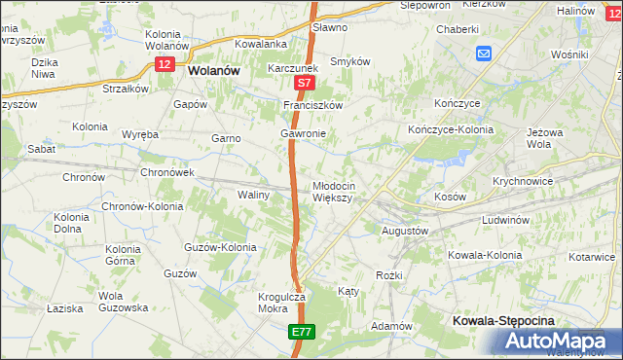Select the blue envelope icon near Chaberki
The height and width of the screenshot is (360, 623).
coord(484,54)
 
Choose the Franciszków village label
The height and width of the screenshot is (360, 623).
coord(313,105)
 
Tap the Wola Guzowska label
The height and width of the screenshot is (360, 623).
coord(123,301)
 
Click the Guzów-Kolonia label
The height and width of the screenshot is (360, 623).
coord(220,247)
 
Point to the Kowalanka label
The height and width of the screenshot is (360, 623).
coord(260,44)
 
